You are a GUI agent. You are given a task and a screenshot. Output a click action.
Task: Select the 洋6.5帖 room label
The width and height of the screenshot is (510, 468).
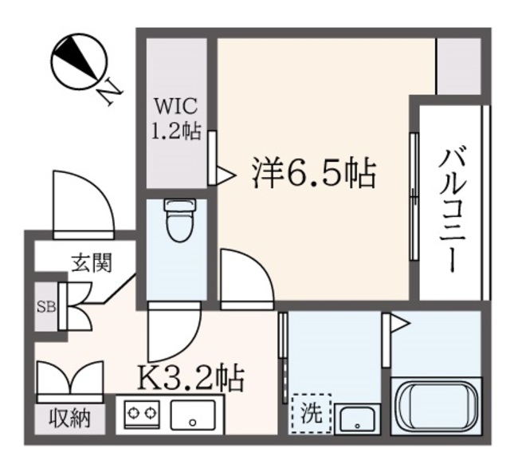coord(313,171)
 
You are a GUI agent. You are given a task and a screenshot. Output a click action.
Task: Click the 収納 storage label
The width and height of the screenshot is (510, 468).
coord(69,416)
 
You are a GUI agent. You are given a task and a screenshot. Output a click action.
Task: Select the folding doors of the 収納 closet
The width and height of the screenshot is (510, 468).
coord(70,380)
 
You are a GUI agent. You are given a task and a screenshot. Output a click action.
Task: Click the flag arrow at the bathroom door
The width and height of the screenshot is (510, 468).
coord(398,323)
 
